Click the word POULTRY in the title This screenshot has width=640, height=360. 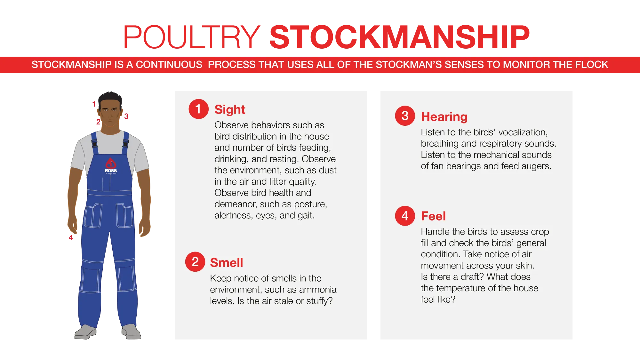(192, 37)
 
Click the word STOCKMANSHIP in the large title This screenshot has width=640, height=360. (400, 37)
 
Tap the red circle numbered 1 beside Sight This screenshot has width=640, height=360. (198, 109)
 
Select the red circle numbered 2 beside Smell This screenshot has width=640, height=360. (195, 262)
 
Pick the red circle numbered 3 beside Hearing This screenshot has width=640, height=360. (405, 116)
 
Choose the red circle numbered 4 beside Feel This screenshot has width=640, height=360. (405, 216)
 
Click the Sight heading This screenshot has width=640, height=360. (230, 110)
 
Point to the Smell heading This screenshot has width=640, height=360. (227, 263)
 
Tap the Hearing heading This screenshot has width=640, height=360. (444, 117)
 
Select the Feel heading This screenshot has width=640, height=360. (433, 216)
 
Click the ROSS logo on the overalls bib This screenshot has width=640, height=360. (111, 166)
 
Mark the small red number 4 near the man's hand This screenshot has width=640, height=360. (71, 238)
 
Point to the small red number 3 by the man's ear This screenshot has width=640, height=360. (126, 116)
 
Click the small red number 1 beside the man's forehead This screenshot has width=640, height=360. (94, 104)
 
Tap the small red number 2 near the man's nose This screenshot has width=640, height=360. (98, 122)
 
